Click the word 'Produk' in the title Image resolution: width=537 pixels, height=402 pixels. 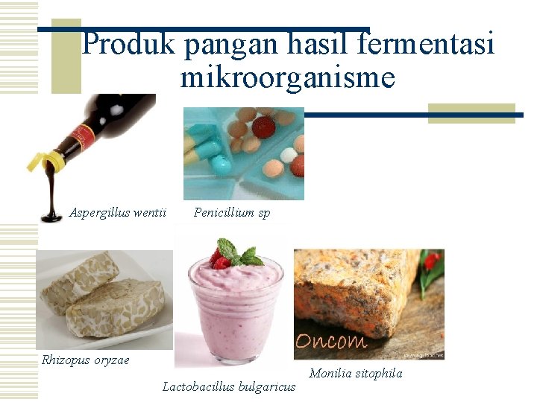[128, 45]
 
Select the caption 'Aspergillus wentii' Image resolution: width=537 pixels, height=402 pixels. [117, 213]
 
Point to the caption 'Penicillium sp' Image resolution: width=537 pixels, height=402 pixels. [232, 213]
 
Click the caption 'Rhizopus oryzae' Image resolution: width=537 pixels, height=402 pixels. [85, 360]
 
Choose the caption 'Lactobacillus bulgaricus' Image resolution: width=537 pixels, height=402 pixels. [229, 386]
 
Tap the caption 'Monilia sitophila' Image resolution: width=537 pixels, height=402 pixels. [355, 374]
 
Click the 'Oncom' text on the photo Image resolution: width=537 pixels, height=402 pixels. [331, 342]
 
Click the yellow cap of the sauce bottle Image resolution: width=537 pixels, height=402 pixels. [42, 159]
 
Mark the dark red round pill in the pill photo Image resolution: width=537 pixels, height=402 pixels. [263, 127]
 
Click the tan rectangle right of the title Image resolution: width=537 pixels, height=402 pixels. [471, 113]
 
